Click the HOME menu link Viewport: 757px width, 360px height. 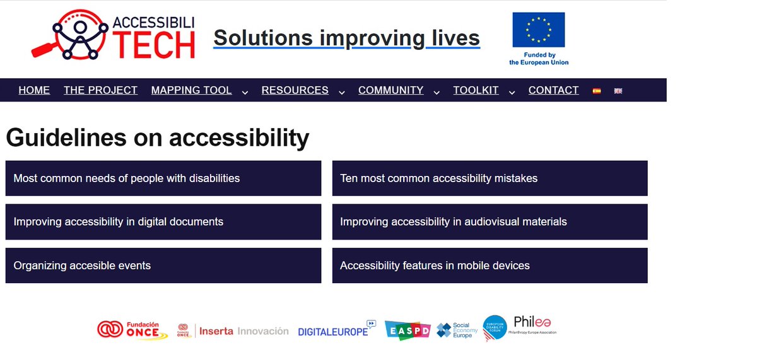[x=34, y=90]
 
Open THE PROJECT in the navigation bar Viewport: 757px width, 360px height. [x=100, y=90]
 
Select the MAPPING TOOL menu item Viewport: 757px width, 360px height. [x=191, y=90]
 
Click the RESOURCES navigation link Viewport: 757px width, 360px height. [x=295, y=90]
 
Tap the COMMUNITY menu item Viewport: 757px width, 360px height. [x=390, y=90]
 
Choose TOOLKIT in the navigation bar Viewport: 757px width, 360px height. [x=476, y=90]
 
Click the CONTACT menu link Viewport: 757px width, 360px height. [x=553, y=90]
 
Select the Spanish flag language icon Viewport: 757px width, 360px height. [x=596, y=91]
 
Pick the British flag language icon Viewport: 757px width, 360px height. [x=618, y=91]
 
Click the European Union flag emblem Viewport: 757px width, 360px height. [x=539, y=30]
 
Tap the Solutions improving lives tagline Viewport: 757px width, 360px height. [x=346, y=38]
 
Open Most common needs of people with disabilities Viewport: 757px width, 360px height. [x=163, y=178]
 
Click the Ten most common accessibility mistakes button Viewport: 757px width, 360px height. [x=490, y=178]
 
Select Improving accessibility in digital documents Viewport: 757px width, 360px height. [x=163, y=222]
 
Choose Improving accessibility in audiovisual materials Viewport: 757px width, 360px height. [x=490, y=222]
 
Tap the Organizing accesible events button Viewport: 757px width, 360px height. [x=163, y=265]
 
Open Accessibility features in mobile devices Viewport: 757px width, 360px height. [x=490, y=265]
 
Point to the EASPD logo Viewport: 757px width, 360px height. [x=408, y=330]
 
